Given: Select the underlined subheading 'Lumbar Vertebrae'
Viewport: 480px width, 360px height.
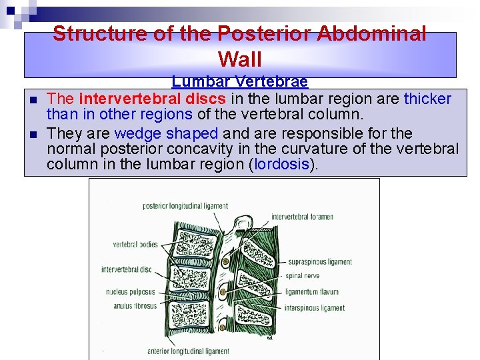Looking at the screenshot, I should (x=239, y=82).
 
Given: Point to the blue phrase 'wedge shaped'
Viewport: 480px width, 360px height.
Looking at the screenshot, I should (x=166, y=133).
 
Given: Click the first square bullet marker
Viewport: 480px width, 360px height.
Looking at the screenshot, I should (x=32, y=101).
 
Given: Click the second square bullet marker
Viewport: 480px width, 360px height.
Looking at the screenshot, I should (x=32, y=134).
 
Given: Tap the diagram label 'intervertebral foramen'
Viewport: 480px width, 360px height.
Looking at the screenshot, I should (x=301, y=217).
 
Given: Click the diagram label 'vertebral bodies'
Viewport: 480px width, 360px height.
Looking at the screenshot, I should (x=135, y=245).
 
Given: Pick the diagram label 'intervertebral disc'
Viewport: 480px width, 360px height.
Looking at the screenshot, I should (x=127, y=269).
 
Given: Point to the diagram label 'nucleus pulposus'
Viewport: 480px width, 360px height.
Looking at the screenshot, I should (x=131, y=291).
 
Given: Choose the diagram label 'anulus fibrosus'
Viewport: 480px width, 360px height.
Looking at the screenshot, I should (x=131, y=306).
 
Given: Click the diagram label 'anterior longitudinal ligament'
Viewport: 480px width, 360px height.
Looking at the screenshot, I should (x=189, y=351).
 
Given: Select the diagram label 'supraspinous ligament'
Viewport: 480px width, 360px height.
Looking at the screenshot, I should (x=318, y=262).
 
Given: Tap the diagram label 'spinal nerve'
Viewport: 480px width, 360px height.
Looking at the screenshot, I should (x=303, y=275).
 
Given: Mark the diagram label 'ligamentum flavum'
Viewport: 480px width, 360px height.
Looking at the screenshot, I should (x=311, y=291).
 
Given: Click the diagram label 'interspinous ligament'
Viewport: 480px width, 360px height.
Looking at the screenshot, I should (x=315, y=308).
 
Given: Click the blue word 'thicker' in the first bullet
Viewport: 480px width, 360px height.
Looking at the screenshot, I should (x=427, y=99).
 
